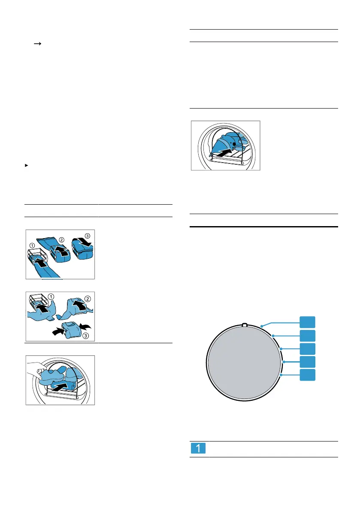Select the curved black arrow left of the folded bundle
tap(55, 332)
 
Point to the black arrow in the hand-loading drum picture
tap(65, 380)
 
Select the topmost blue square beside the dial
tap(307, 323)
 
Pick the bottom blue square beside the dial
tap(307, 375)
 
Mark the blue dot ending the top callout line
tap(261, 328)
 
